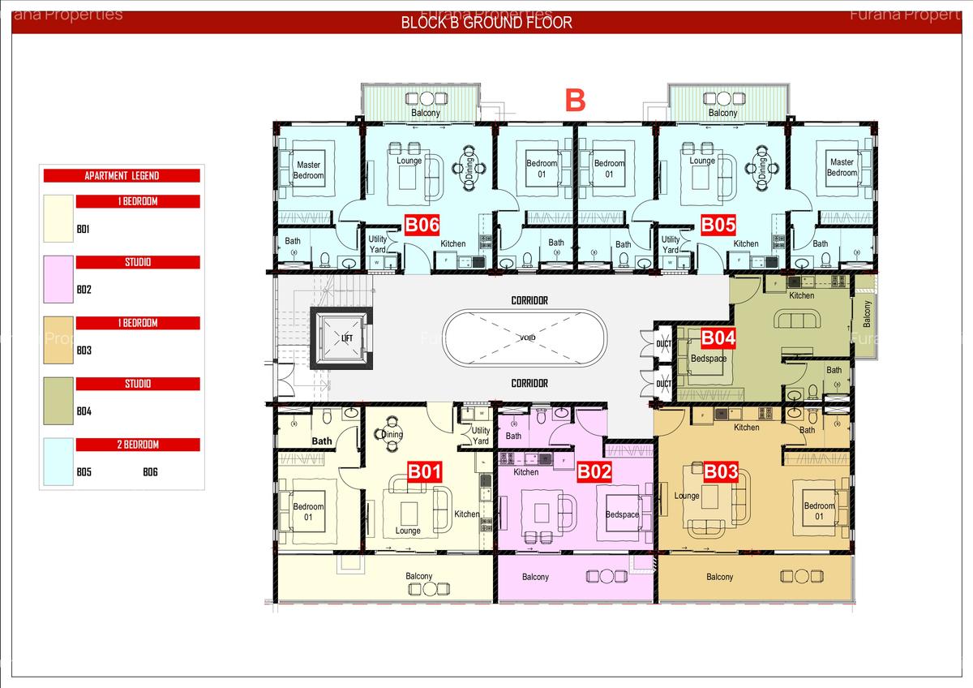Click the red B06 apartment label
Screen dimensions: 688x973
[x=422, y=225]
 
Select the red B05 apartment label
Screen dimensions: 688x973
[x=718, y=225]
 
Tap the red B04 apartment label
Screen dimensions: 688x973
[x=718, y=338]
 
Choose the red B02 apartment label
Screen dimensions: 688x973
[x=594, y=471]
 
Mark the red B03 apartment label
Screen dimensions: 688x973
[x=720, y=471]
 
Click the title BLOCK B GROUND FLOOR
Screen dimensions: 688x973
[x=486, y=23]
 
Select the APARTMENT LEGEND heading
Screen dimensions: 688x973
[x=122, y=175]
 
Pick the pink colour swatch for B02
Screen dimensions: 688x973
[x=58, y=279]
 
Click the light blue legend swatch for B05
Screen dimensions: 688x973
[x=58, y=462]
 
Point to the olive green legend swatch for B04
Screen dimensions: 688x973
[x=58, y=401]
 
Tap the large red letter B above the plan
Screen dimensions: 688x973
[x=575, y=101]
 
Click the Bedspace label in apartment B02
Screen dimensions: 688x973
[x=622, y=514]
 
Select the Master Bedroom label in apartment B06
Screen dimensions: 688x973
[x=308, y=170]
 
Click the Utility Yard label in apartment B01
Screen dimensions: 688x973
[x=481, y=436]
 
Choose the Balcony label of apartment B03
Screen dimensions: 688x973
[x=719, y=577]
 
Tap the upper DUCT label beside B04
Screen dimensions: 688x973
[x=663, y=342]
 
